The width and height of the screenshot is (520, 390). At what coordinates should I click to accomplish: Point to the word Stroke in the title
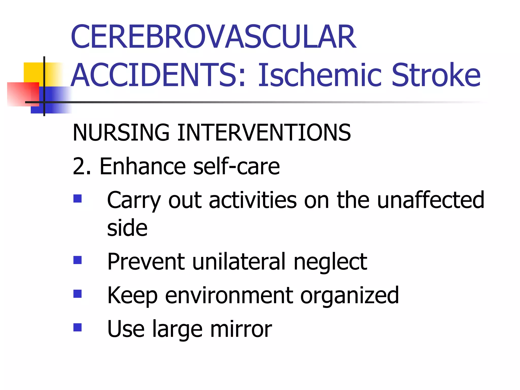[436, 75]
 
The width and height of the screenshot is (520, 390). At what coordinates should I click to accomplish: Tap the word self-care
[236, 166]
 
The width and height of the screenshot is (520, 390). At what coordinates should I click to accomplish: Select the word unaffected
[431, 200]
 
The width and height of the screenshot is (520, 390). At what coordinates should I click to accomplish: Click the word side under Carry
[127, 228]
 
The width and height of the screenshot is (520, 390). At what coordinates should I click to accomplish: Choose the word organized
[349, 296]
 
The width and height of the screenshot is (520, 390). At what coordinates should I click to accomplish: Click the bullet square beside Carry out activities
[77, 199]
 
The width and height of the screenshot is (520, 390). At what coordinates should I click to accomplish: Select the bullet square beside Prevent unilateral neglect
[77, 260]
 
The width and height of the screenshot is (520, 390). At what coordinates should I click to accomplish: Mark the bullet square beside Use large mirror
[77, 328]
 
